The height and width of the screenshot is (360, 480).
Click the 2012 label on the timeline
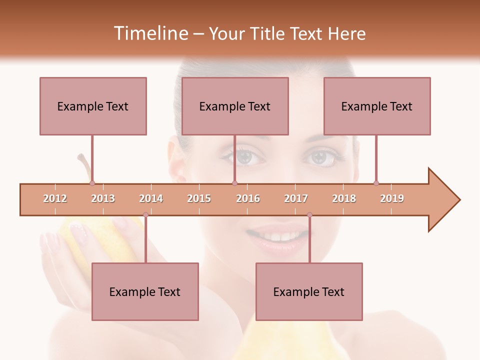click(x=55, y=198)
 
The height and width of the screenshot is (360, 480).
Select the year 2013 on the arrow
click(x=103, y=198)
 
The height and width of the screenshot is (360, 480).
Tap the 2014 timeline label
click(x=151, y=198)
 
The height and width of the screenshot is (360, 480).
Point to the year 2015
click(x=199, y=198)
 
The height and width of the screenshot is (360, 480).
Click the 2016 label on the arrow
click(x=248, y=198)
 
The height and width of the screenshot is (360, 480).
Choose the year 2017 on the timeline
click(x=296, y=198)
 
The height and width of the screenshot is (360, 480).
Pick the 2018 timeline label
click(x=344, y=198)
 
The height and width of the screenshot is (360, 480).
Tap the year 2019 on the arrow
click(x=392, y=198)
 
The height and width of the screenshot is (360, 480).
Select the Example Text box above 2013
click(x=93, y=106)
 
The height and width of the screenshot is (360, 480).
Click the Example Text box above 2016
click(x=235, y=106)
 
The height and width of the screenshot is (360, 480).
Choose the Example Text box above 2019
click(x=377, y=106)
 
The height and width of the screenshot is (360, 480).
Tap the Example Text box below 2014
click(x=145, y=291)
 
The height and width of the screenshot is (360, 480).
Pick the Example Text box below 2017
click(x=309, y=291)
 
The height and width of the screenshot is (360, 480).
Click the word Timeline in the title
click(x=149, y=33)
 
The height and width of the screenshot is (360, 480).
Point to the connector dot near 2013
click(x=92, y=183)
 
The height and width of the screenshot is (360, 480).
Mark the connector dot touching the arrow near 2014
click(x=145, y=215)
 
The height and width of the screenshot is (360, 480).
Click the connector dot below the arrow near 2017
click(x=309, y=215)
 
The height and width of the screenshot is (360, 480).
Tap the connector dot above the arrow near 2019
click(x=376, y=183)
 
